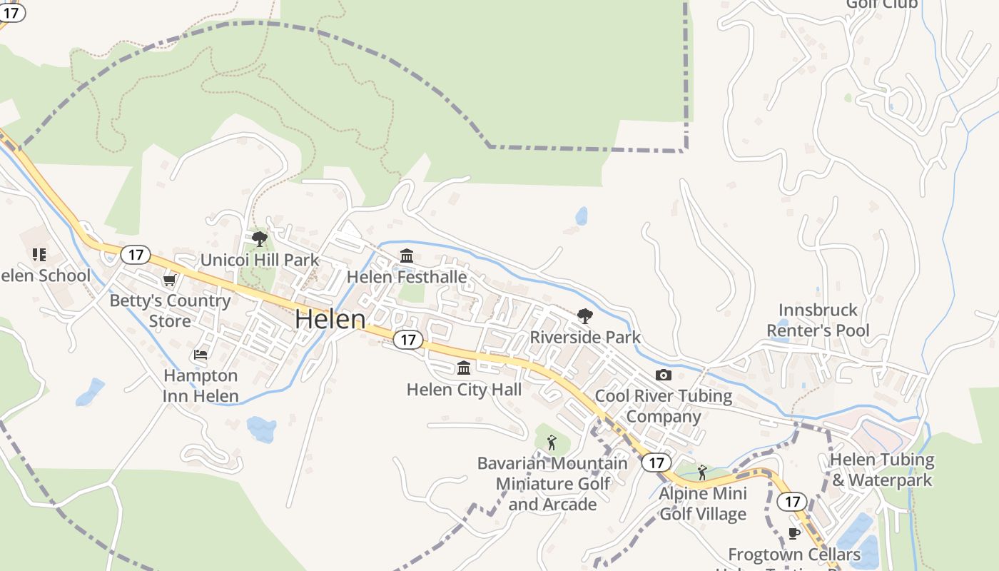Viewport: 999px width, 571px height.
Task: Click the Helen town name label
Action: [330, 319]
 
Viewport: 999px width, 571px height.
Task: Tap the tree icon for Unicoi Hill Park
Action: [260, 238]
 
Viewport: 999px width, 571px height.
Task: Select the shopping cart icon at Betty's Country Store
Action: [169, 280]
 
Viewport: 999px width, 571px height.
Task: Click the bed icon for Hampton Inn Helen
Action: [201, 354]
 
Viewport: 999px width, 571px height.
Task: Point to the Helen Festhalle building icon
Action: [407, 256]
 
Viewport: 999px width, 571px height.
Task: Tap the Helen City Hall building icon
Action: [464, 368]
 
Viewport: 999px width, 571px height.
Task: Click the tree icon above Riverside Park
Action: [584, 315]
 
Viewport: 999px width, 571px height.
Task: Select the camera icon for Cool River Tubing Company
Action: [663, 375]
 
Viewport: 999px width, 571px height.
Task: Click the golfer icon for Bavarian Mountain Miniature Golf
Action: [551, 443]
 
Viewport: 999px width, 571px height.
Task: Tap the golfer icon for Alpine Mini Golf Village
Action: [702, 473]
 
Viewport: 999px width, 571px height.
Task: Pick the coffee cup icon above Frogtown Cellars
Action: [793, 533]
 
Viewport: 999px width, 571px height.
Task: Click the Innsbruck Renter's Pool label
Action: [818, 320]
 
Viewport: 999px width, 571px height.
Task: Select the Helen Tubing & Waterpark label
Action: [882, 470]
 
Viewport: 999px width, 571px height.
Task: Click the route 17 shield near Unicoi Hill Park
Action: [136, 254]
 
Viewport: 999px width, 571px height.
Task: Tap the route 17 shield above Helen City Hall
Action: [407, 340]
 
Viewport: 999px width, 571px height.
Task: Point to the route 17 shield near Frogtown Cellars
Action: [792, 501]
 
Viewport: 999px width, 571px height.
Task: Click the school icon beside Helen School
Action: [39, 254]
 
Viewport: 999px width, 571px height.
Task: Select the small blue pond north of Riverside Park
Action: [582, 216]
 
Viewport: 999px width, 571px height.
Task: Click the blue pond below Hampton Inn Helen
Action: [261, 430]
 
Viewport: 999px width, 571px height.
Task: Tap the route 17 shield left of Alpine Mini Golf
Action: [656, 463]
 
